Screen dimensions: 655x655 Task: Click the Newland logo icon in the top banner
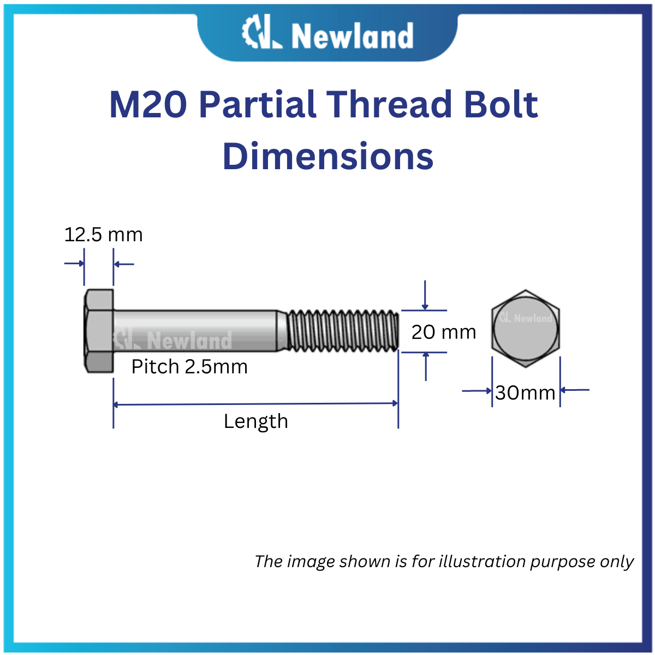pyautogui.click(x=261, y=34)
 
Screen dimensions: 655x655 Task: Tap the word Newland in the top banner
pyautogui.click(x=352, y=36)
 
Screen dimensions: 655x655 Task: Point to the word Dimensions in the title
pyautogui.click(x=327, y=156)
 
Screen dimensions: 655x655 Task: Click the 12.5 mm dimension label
pyautogui.click(x=103, y=235)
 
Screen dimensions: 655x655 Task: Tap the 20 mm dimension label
pyautogui.click(x=443, y=332)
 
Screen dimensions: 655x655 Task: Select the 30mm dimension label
pyautogui.click(x=525, y=392)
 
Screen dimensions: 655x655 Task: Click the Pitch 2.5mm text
pyautogui.click(x=189, y=366)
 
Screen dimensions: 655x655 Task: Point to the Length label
pyautogui.click(x=255, y=421)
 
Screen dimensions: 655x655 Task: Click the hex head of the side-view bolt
pyautogui.click(x=99, y=331)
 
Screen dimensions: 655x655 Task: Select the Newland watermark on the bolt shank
pyautogui.click(x=173, y=340)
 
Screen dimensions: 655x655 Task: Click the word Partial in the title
pyautogui.click(x=258, y=104)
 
